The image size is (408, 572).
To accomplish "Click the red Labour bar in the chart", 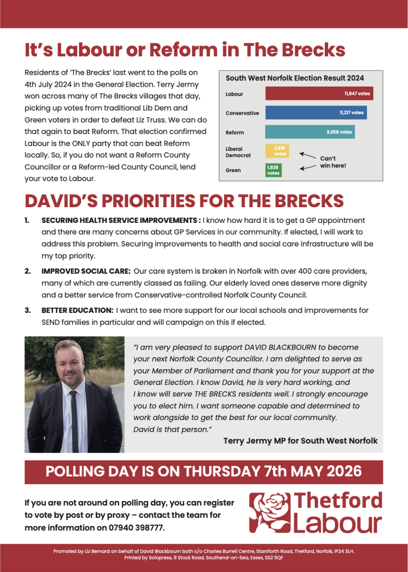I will coord(319,94).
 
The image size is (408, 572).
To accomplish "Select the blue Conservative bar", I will coord(316,113).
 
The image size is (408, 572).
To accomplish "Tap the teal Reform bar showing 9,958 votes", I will coord(310,132).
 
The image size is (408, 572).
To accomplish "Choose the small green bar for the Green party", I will coord(273,170).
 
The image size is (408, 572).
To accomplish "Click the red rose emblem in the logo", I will coord(270,512).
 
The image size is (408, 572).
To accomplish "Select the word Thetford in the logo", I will coord(338,500).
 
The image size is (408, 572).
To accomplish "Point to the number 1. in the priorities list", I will coord(28,221).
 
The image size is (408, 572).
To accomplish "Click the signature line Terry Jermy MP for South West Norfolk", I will coord(300,441).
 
